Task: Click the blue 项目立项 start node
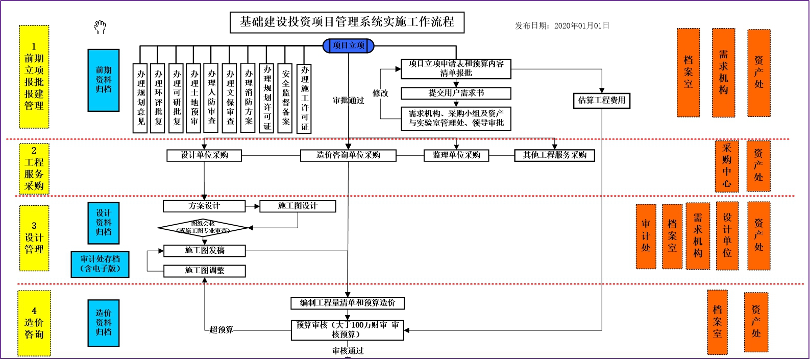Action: (349, 46)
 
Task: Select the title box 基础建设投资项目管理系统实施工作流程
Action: (347, 22)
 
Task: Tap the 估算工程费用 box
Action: (602, 101)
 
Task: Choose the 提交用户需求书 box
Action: (456, 93)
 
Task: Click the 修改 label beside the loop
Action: (380, 93)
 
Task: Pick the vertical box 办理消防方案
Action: (248, 98)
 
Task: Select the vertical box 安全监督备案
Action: (285, 98)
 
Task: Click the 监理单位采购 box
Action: (456, 155)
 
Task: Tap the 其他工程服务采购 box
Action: (554, 155)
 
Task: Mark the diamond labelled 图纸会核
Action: (203, 228)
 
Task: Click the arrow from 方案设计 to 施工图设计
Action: (252, 206)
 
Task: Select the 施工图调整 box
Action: (204, 271)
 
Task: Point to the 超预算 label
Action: (221, 330)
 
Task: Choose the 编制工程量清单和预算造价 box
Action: (348, 303)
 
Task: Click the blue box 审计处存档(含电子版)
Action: (100, 264)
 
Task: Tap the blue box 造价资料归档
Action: (103, 323)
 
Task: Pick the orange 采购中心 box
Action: (727, 166)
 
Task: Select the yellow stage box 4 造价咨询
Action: (34, 323)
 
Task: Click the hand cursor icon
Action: (100, 27)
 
